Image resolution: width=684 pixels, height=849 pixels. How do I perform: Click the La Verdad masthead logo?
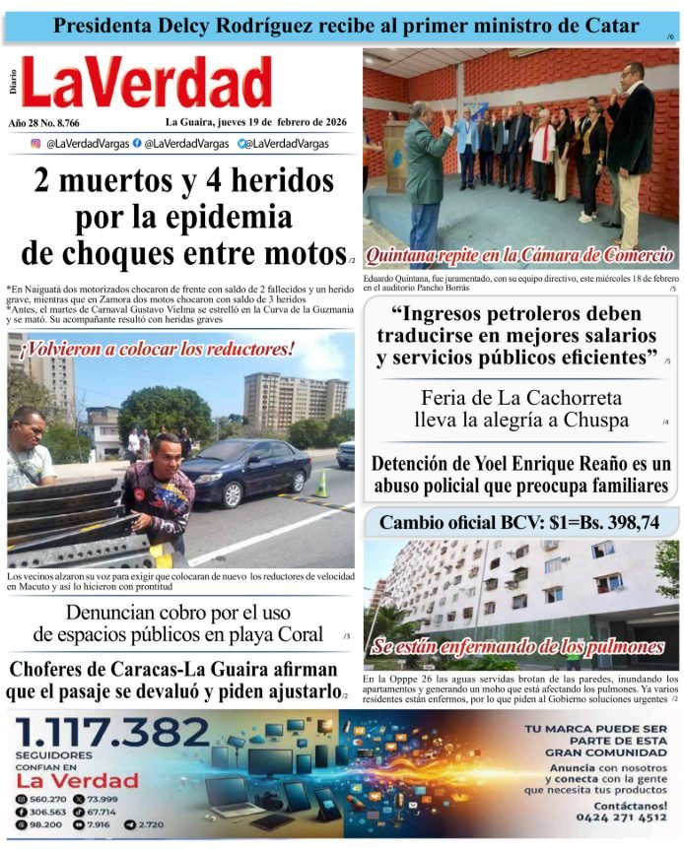(x=146, y=83)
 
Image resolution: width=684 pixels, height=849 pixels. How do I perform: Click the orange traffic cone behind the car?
(x=321, y=483)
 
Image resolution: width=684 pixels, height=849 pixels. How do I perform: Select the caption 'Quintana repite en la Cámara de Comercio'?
(x=519, y=255)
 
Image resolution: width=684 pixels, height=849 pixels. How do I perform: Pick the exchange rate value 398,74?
(x=622, y=523)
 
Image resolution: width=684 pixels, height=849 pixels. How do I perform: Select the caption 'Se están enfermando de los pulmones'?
(x=517, y=647)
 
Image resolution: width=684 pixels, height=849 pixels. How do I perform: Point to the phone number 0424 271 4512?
(x=610, y=817)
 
